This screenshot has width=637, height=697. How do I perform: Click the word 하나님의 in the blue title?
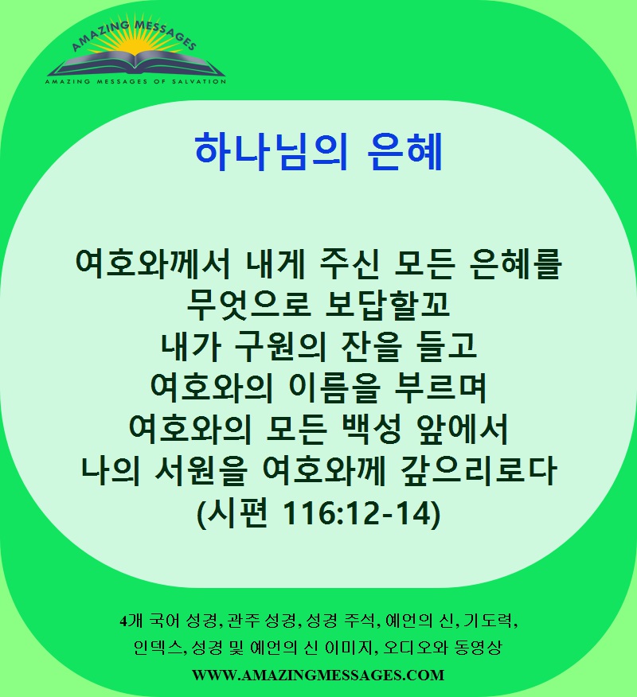click(271, 152)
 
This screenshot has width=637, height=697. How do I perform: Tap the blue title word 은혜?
click(405, 152)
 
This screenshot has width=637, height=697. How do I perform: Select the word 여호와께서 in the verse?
click(153, 264)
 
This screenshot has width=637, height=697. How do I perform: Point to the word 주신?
click(350, 264)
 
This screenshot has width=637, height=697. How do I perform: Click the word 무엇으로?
click(248, 305)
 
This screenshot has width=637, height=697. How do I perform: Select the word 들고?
click(447, 346)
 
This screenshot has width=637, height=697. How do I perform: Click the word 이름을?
click(334, 387)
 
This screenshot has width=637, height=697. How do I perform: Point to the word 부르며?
click(441, 387)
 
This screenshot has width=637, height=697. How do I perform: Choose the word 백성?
click(371, 429)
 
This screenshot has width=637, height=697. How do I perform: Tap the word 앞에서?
click(462, 429)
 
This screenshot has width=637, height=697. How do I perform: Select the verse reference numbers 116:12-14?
click(358, 513)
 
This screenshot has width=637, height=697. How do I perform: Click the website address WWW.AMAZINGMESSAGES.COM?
click(318, 675)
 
